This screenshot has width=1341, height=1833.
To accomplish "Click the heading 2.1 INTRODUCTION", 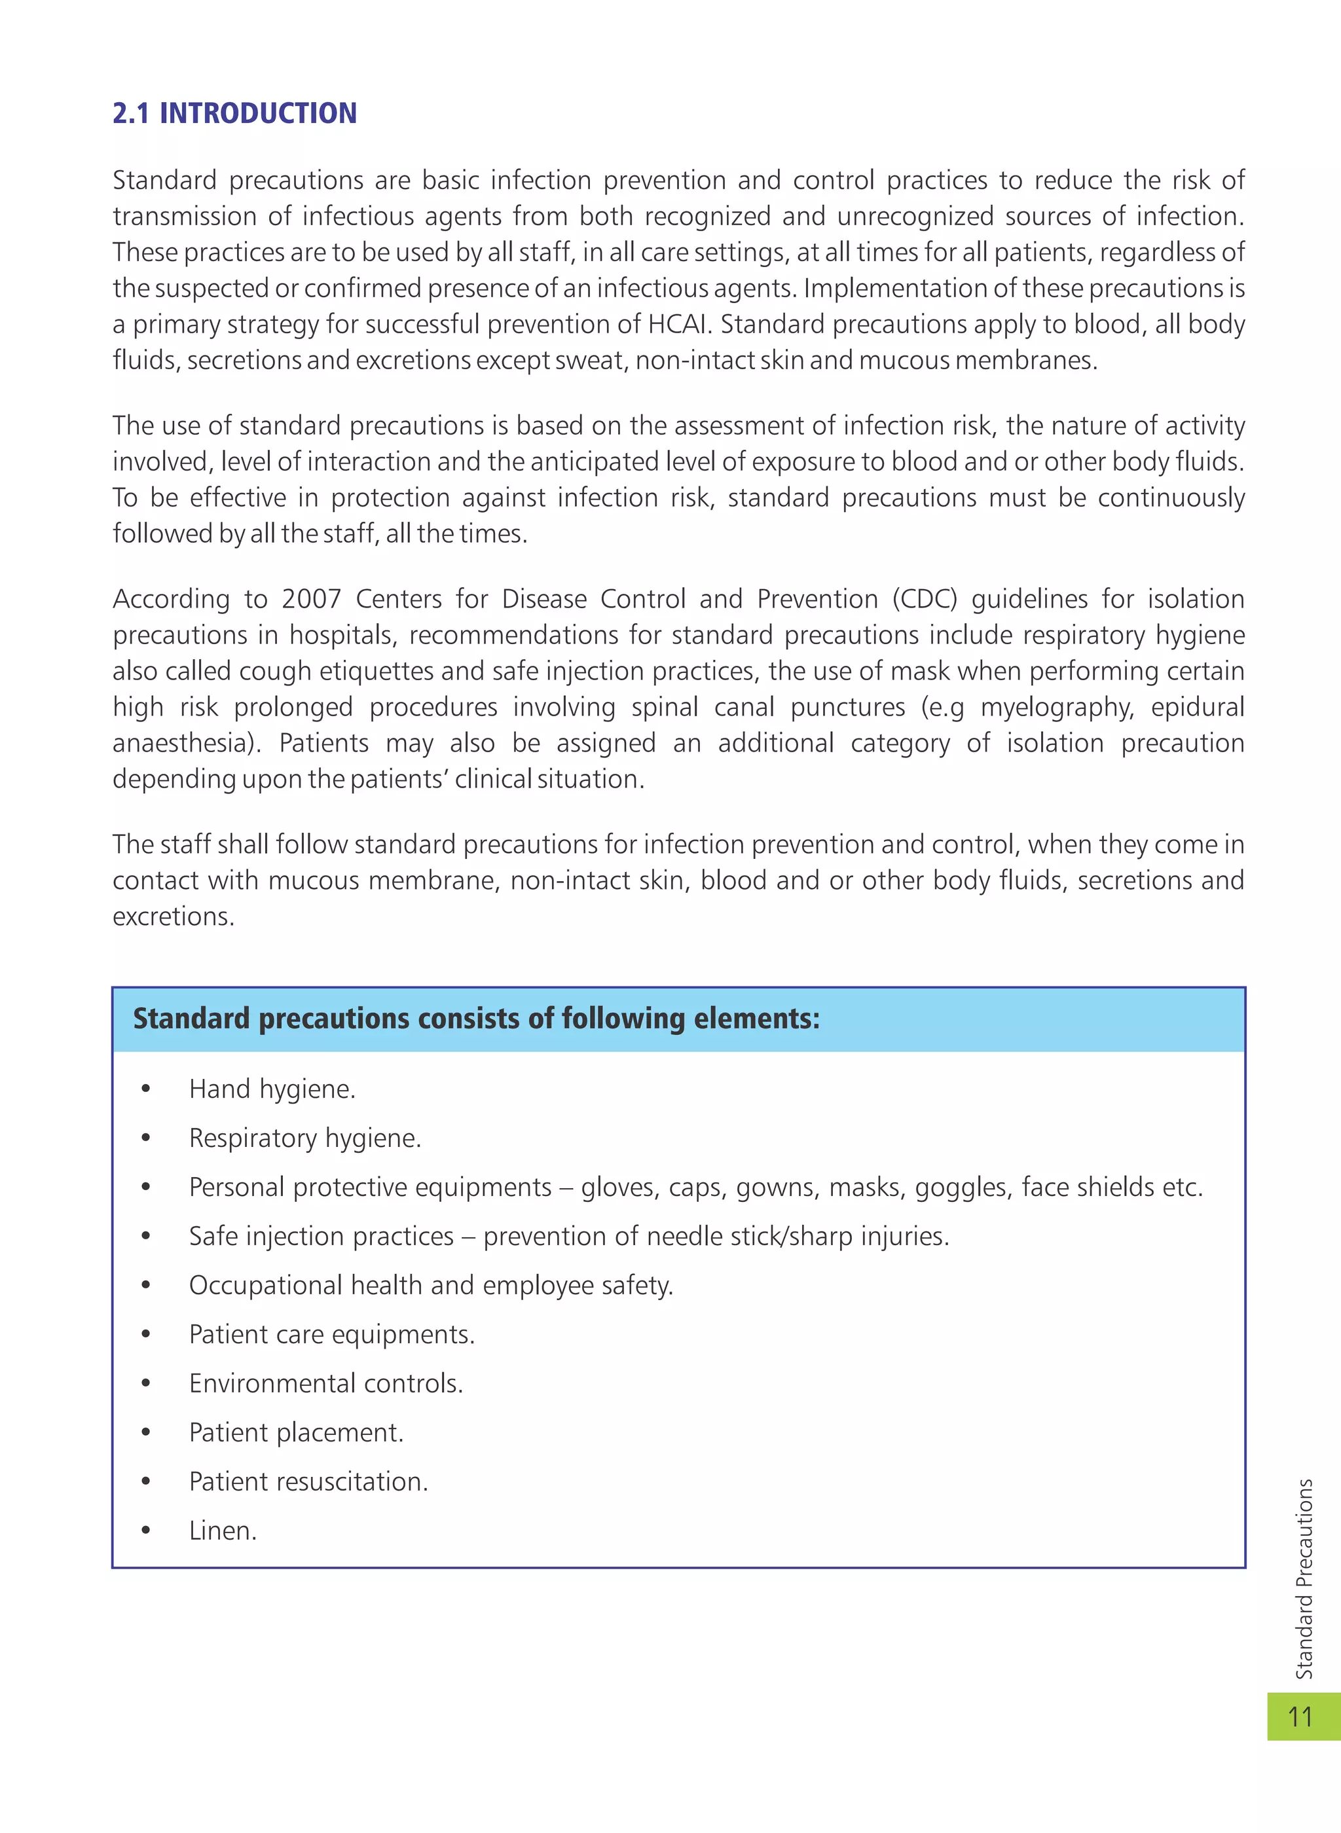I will point(234,113).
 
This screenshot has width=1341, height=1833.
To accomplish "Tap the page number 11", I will point(1300,1716).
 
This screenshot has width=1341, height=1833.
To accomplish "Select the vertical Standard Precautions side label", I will point(1304,1578).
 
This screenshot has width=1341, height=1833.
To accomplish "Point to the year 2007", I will point(311,599).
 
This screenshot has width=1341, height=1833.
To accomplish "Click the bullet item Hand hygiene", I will point(272,1089).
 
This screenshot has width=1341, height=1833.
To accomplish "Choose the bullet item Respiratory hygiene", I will point(304,1138).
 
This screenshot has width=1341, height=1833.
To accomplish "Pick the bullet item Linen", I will point(223,1531).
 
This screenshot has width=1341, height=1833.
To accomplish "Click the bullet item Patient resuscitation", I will point(308,1481).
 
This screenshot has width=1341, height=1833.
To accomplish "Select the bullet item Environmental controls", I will point(325,1383).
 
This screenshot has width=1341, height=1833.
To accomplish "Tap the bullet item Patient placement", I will point(295,1432).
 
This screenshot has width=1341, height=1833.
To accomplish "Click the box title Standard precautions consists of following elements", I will point(477,1019).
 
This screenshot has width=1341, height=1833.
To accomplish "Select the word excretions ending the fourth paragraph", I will point(173,916).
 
